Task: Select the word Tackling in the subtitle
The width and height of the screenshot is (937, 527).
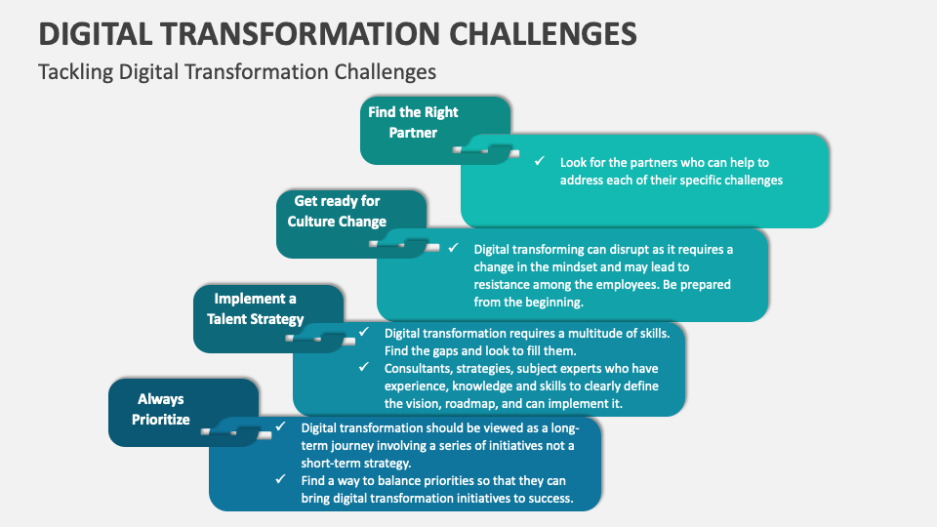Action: pyautogui.click(x=75, y=72)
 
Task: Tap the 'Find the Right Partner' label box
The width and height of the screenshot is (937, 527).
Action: pyautogui.click(x=435, y=130)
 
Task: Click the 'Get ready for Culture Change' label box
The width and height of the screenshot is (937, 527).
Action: pyautogui.click(x=351, y=224)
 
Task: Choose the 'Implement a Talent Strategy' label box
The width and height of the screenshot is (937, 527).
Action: pyautogui.click(x=268, y=318)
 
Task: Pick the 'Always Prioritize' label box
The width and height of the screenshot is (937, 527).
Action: pyautogui.click(x=183, y=412)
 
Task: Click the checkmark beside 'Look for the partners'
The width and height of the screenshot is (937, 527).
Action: pyautogui.click(x=540, y=161)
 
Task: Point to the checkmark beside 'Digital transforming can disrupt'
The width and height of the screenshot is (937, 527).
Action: pyautogui.click(x=454, y=247)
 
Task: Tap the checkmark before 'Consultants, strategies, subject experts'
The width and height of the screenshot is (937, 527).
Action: pyautogui.click(x=364, y=367)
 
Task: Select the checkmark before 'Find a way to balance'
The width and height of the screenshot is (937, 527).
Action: pyautogui.click(x=280, y=479)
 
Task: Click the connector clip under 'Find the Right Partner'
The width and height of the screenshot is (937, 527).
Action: pyautogui.click(x=485, y=150)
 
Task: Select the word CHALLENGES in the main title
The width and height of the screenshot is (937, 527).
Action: pyautogui.click(x=543, y=33)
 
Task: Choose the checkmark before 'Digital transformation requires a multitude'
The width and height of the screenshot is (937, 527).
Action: pyautogui.click(x=364, y=332)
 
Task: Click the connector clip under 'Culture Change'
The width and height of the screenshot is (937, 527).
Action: pyautogui.click(x=403, y=245)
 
